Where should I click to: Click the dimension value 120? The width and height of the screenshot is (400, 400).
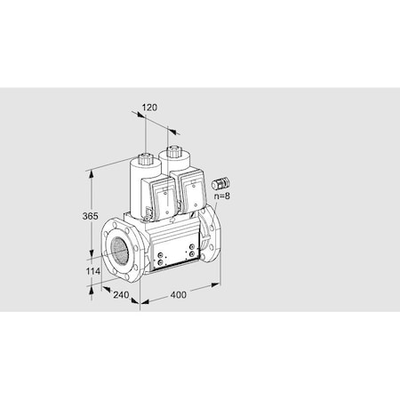tap(149, 108)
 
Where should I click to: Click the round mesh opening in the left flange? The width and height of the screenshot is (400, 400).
tap(123, 250)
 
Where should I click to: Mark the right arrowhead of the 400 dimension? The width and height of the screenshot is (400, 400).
tap(218, 284)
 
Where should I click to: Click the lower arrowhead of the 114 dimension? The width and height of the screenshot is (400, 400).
tap(91, 286)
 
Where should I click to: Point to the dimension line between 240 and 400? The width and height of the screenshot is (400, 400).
tap(138, 297)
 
